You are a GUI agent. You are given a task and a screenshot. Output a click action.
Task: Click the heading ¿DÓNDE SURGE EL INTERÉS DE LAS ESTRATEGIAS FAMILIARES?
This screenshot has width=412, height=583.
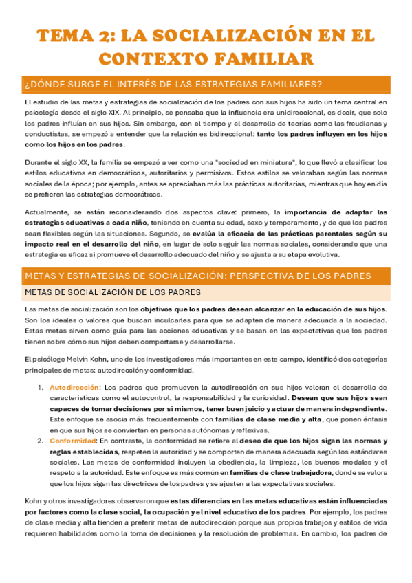click(173, 85)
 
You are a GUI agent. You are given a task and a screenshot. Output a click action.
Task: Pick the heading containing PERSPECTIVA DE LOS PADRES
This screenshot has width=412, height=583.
click(197, 276)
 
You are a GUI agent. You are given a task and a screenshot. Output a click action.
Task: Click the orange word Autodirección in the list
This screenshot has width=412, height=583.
click(69, 388)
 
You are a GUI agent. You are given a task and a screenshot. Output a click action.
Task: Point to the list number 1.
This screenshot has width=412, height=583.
click(40, 388)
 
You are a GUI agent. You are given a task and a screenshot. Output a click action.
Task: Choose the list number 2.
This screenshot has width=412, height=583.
click(41, 440)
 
